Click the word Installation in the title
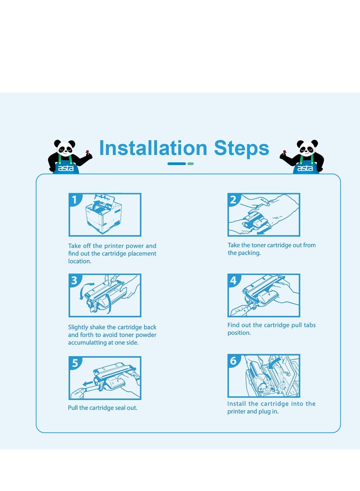coord(153,148)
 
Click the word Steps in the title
coord(241,148)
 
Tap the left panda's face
coord(65,149)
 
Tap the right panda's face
coord(307,149)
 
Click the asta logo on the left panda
coord(66,168)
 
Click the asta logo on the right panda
coord(305,168)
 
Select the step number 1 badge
coord(75,199)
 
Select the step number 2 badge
coord(233,199)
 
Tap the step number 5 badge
coord(75,363)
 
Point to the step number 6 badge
coord(233,361)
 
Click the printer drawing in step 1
coord(103,214)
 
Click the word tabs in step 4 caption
coord(309,325)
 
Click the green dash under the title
coord(190,163)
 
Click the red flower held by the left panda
coord(87,152)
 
